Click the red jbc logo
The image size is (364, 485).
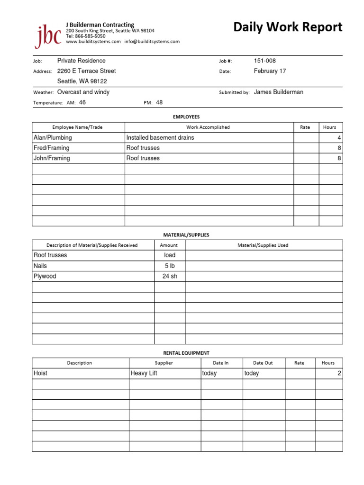(47, 36)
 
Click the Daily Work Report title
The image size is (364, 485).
(288, 27)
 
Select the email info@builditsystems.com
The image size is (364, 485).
(152, 42)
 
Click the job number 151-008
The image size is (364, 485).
(264, 61)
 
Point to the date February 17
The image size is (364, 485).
(270, 71)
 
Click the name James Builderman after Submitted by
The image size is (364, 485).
(278, 92)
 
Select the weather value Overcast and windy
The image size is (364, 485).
(83, 92)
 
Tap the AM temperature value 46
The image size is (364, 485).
(82, 102)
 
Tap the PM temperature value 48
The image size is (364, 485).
(159, 102)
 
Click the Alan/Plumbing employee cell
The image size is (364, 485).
(53, 138)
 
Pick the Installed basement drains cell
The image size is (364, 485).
(160, 138)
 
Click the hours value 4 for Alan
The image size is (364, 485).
(339, 138)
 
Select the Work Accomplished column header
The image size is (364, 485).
(208, 127)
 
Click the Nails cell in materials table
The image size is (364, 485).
(40, 266)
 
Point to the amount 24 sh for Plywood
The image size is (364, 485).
(170, 276)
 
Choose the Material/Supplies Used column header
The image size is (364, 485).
(263, 245)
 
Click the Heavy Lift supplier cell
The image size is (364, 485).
(144, 373)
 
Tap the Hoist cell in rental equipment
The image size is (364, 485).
(41, 373)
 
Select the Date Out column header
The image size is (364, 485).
(263, 363)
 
